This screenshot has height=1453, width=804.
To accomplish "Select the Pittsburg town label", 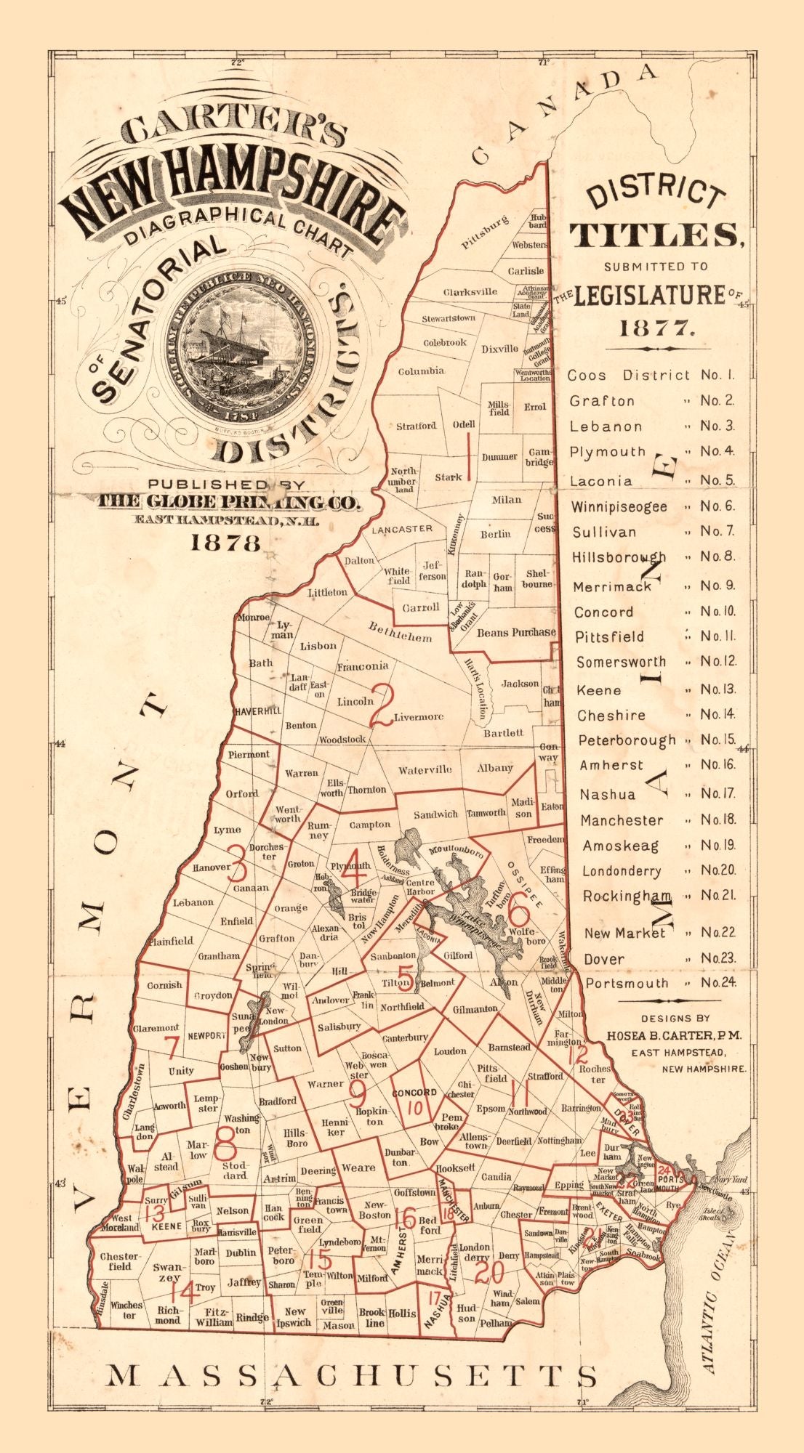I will tap(486, 232).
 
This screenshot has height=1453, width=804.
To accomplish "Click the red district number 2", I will tap(382, 706).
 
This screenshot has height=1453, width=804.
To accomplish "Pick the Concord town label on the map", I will tap(414, 1092).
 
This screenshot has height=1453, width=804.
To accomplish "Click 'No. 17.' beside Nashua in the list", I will tap(717, 793).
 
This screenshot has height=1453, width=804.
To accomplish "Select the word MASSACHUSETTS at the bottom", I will tap(353, 1375).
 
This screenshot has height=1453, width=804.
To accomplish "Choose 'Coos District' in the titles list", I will tap(628, 376).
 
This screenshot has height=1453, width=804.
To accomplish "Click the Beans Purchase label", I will tap(516, 633).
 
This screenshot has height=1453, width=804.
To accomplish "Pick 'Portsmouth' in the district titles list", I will tap(627, 983).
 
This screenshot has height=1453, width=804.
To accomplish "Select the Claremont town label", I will tap(156, 1028).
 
